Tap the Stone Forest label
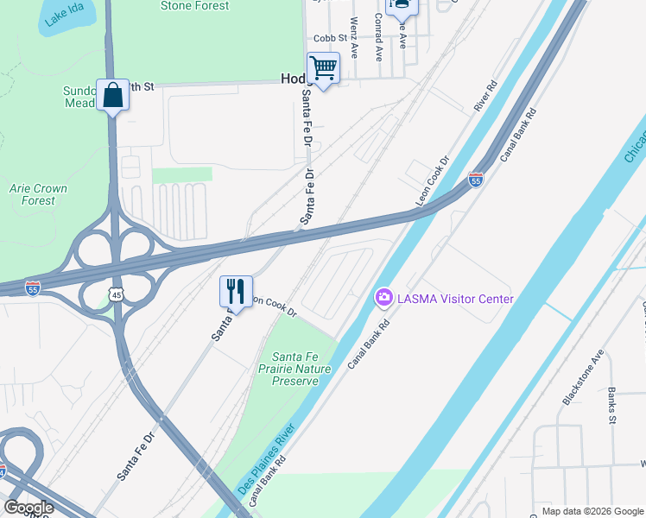(194, 6)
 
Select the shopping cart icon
(323, 66)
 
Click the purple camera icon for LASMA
(383, 298)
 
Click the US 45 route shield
(117, 294)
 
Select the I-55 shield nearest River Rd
(476, 180)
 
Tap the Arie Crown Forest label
(38, 194)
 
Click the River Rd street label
(486, 98)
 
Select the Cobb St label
(330, 38)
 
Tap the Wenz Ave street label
(354, 31)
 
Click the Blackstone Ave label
(582, 378)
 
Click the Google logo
(29, 507)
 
